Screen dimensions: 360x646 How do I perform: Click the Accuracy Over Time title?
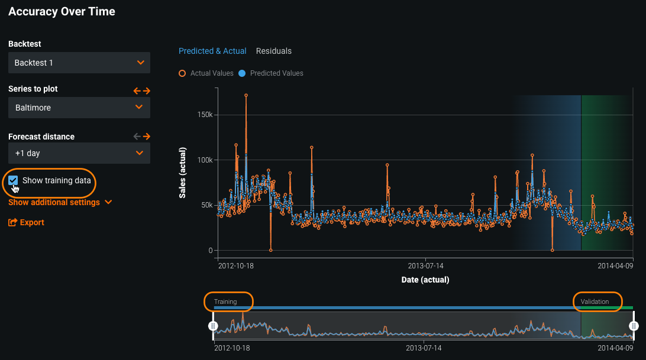tap(62, 11)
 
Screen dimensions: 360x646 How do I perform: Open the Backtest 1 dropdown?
tap(79, 63)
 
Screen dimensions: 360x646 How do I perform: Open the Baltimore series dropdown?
tap(79, 108)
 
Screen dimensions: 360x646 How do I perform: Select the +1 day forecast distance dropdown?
tap(79, 153)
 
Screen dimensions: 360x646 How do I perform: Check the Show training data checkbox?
tap(13, 180)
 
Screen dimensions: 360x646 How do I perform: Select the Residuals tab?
tap(273, 51)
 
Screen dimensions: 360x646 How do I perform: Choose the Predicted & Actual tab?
tap(212, 51)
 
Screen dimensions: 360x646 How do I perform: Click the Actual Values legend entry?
tap(207, 73)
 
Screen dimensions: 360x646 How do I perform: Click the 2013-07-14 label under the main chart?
tap(425, 266)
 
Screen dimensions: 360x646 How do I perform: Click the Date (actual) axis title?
tap(425, 279)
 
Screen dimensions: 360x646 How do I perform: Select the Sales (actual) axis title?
tap(183, 171)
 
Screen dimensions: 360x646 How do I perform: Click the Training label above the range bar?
tap(225, 301)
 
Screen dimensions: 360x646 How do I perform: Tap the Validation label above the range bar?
tap(595, 301)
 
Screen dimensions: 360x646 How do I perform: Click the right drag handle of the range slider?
tap(634, 326)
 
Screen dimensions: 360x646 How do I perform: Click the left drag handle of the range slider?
tap(214, 326)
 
